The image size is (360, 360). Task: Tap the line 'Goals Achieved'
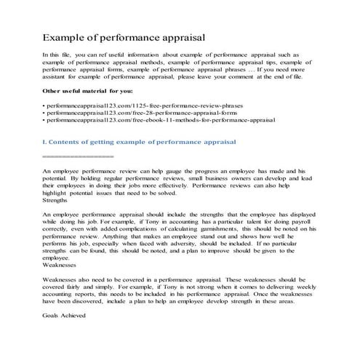(x=65, y=315)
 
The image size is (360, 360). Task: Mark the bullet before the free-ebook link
(x=44, y=124)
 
